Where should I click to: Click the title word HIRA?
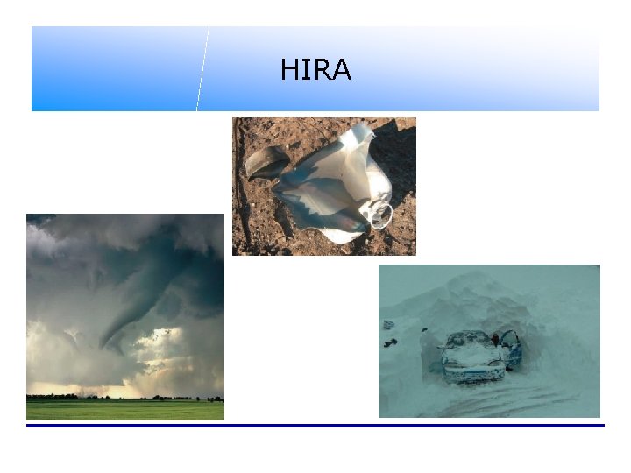pyautogui.click(x=315, y=70)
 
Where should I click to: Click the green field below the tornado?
pyautogui.click(x=123, y=410)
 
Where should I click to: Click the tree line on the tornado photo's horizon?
pyautogui.click(x=123, y=398)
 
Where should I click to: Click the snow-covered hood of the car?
pyautogui.click(x=469, y=353)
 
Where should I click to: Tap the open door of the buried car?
pyautogui.click(x=510, y=348)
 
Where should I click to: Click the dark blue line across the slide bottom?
pyautogui.click(x=315, y=426)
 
